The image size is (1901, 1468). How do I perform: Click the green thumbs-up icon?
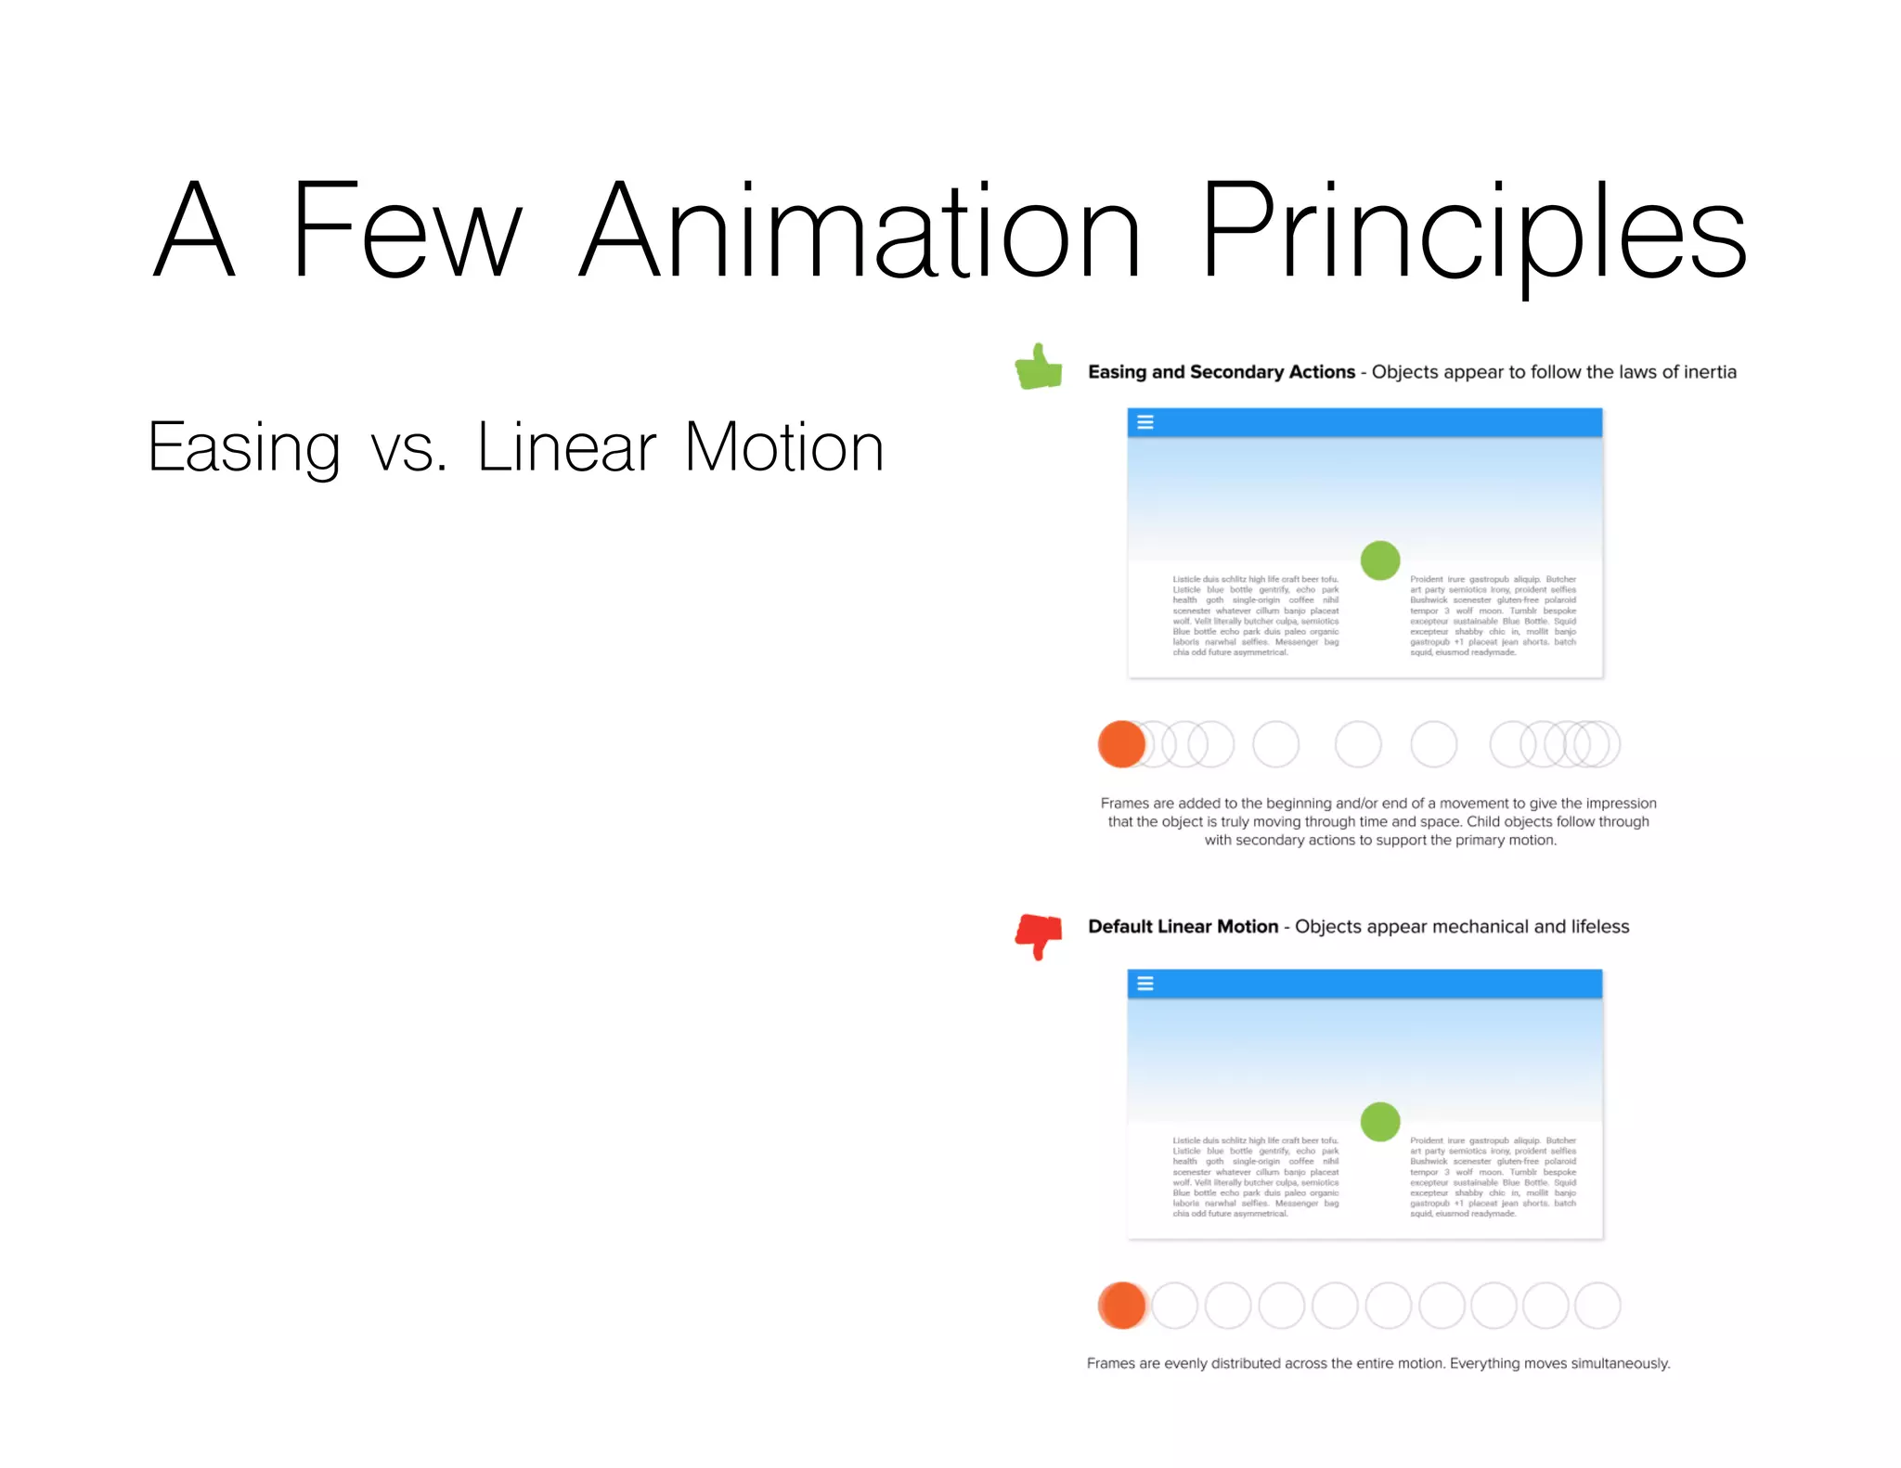[1039, 367]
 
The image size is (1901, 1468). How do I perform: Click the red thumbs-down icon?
[1039, 935]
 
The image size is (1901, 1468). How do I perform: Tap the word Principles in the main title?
[1473, 232]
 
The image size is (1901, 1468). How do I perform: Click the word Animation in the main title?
[860, 232]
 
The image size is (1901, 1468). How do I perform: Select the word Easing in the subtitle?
[244, 449]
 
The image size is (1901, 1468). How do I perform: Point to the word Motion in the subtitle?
[783, 447]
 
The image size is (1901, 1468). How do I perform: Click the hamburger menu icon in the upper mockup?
[1145, 422]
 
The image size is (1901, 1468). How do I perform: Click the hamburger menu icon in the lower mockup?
[1145, 984]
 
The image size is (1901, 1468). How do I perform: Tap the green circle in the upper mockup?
[1379, 560]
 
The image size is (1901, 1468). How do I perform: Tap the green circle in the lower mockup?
[1379, 1122]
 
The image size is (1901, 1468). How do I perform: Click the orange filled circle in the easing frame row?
[1121, 744]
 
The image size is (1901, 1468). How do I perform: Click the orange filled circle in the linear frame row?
[1121, 1306]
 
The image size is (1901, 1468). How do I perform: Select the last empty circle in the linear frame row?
[1597, 1306]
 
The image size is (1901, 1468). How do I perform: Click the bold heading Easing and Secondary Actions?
[1221, 372]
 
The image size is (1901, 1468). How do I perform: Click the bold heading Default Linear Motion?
[1183, 927]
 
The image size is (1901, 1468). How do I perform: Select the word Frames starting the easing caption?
[1124, 804]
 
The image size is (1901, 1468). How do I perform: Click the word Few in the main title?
[407, 232]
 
